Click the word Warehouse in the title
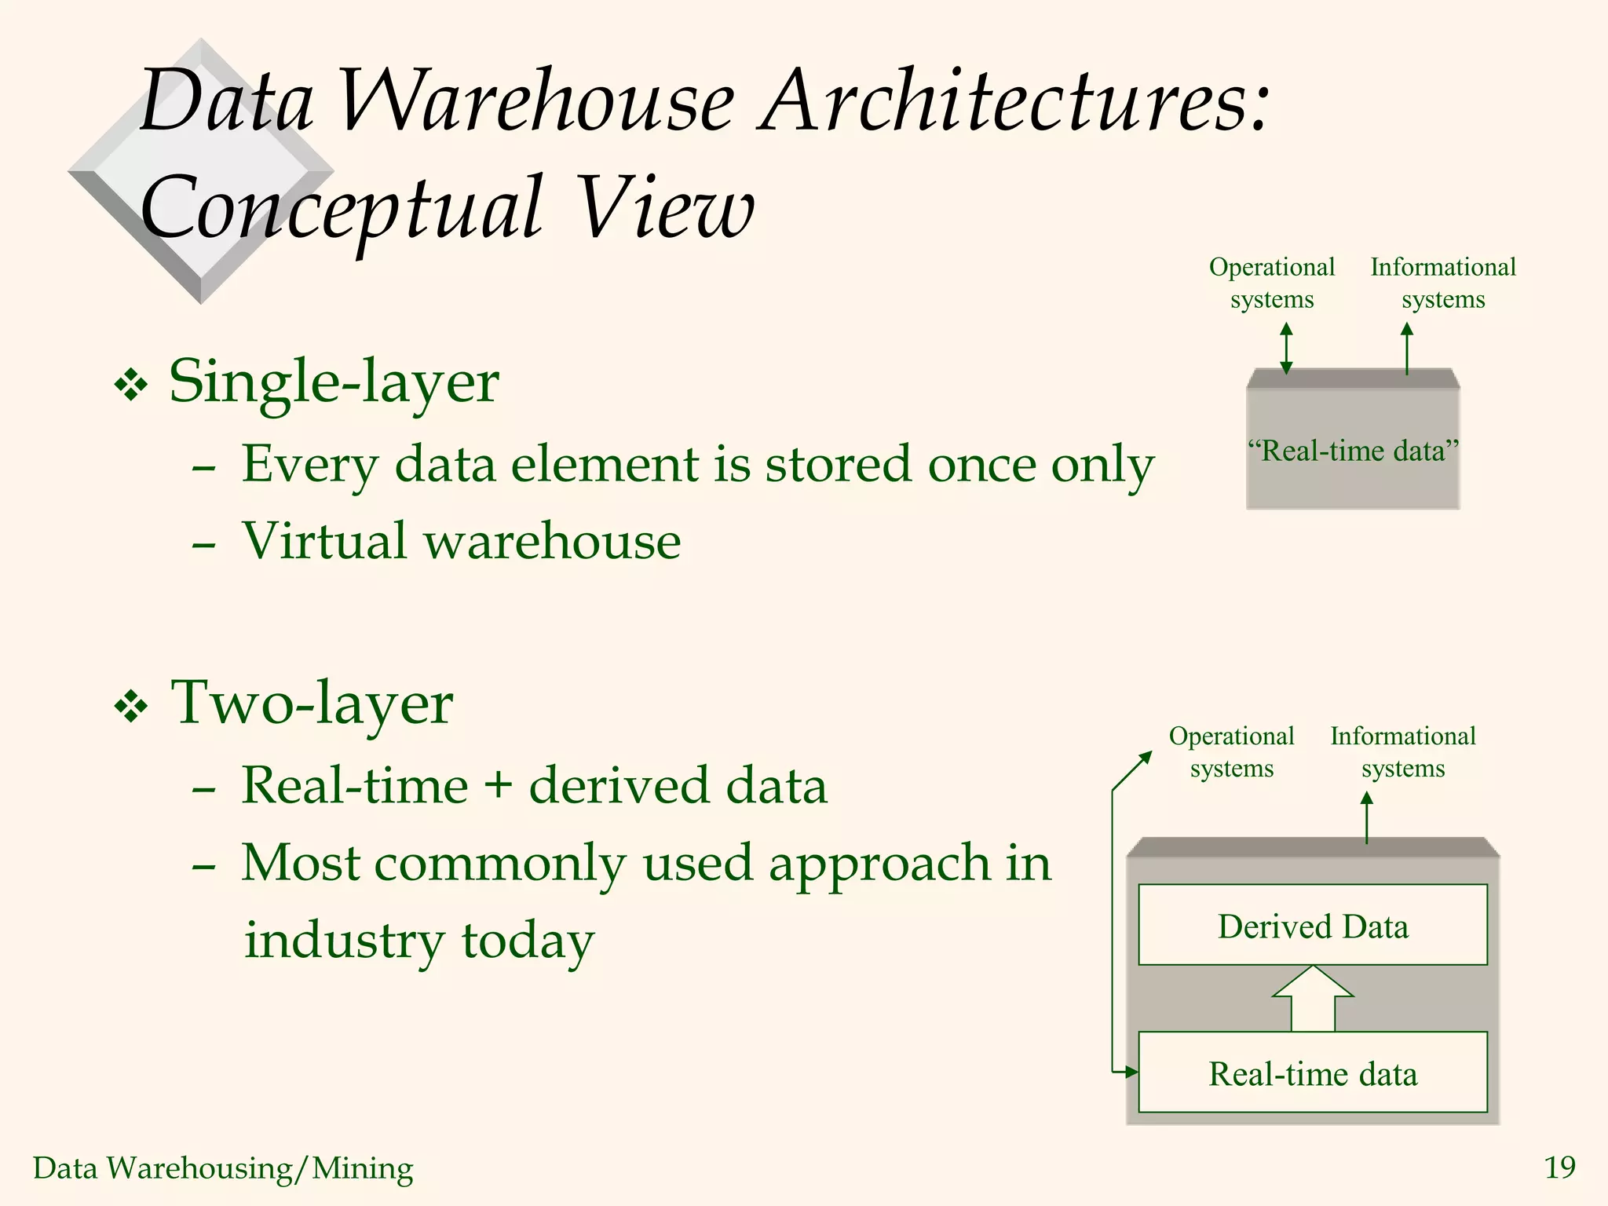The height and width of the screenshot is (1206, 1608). coord(537,102)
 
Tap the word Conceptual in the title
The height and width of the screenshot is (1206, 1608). coord(341,209)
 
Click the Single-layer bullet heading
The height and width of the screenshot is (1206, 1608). coord(334,382)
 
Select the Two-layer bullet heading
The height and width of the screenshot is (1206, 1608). coord(312,703)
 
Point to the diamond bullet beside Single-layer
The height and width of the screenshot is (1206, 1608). coord(131,386)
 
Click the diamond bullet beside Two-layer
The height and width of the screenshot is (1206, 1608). coord(131,707)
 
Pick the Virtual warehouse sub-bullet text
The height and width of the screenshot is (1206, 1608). coord(461,541)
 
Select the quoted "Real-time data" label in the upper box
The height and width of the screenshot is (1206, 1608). coord(1353,451)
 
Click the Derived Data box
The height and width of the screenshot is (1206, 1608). coord(1313,926)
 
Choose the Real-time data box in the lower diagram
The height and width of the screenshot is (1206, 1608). coord(1313,1073)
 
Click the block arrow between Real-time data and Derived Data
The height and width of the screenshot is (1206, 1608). coord(1313,998)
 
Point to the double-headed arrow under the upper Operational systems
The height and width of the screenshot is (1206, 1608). coord(1286,349)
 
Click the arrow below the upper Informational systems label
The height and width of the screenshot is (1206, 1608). coord(1407,349)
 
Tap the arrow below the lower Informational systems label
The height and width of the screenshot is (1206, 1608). coord(1367,817)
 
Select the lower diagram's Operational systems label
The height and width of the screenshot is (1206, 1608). coord(1231,752)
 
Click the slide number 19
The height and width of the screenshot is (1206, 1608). coord(1559,1168)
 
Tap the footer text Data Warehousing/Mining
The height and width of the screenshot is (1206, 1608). coord(223,1168)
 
